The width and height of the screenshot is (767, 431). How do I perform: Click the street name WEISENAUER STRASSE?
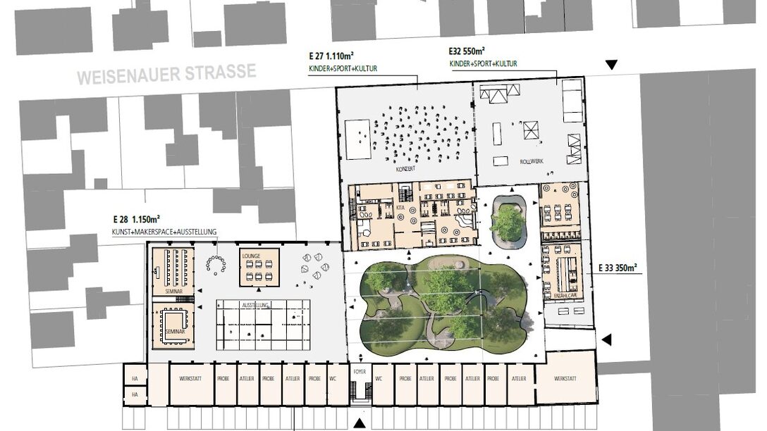tap(166, 74)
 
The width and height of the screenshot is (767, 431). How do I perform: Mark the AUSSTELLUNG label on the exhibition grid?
tap(254, 304)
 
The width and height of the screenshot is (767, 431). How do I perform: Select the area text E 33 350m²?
tap(618, 268)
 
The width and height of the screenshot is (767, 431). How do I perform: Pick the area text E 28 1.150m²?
tap(136, 220)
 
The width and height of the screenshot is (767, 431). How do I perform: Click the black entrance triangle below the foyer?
tap(360, 423)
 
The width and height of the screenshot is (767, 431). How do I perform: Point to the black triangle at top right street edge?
tap(611, 65)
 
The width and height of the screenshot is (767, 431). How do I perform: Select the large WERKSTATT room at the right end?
tap(565, 379)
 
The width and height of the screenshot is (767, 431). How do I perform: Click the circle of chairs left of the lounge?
tap(217, 263)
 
